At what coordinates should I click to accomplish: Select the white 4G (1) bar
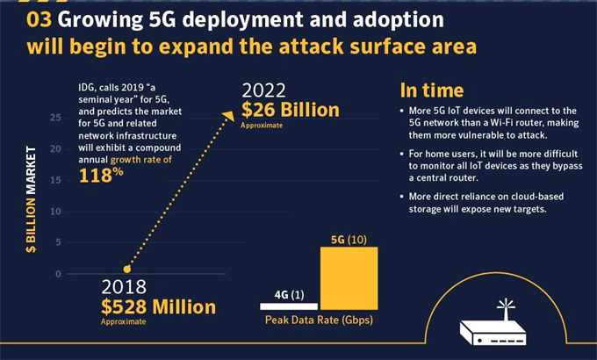288,305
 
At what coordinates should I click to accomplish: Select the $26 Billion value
291,110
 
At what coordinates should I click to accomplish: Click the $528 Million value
157,306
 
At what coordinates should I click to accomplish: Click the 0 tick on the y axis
58,274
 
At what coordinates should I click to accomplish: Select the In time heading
432,90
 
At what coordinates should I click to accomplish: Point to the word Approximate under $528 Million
123,322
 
